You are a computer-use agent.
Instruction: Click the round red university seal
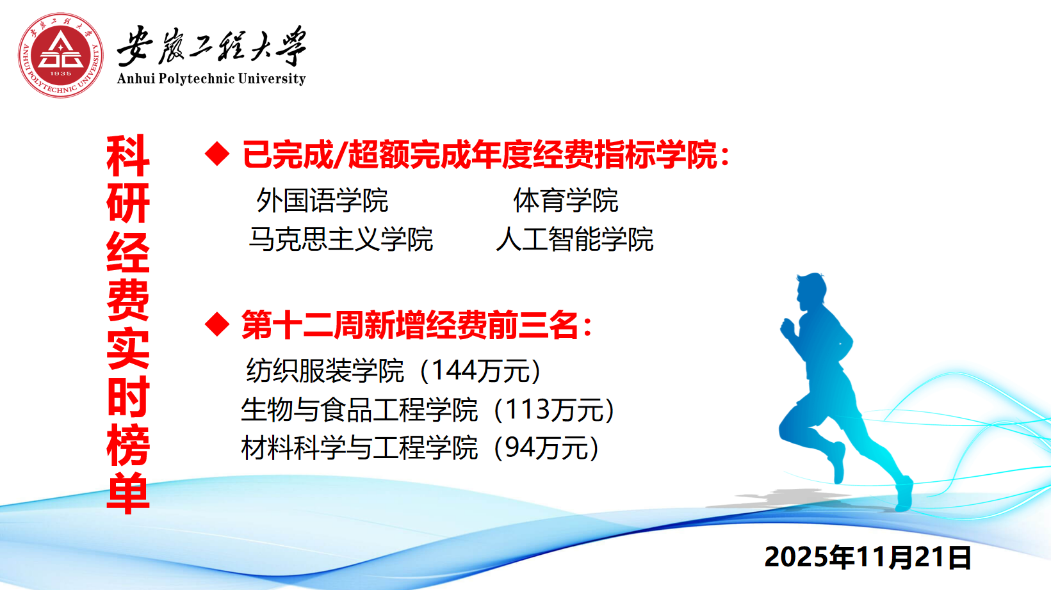tap(61, 55)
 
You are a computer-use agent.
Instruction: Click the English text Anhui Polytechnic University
tap(211, 78)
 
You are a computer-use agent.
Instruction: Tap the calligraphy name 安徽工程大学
tap(211, 46)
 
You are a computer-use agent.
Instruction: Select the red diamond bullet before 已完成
tap(217, 154)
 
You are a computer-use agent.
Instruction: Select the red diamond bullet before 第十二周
tap(217, 324)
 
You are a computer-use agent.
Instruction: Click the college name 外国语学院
tap(322, 200)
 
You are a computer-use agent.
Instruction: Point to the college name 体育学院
tap(566, 200)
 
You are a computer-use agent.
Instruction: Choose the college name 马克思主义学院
tap(341, 239)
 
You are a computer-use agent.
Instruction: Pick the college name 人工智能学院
tap(574, 239)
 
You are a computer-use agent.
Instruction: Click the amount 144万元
tap(480, 371)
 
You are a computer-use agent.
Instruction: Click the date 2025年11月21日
tap(868, 557)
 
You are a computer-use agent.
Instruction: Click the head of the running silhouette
tap(811, 290)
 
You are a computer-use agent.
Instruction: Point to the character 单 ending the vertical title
tap(128, 493)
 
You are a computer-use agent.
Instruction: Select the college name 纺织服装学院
tap(325, 371)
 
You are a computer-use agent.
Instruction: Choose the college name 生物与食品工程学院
tap(359, 410)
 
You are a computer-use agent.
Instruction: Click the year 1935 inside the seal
tap(61, 74)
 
